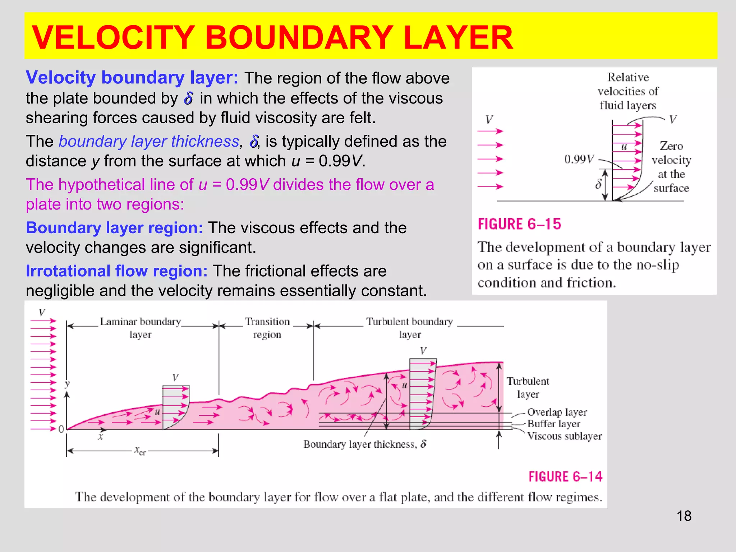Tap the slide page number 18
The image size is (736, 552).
684,516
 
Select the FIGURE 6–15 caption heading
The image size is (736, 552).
519,224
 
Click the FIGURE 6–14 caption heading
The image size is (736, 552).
565,477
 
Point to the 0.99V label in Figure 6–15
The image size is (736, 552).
579,159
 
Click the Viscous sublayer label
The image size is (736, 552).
564,436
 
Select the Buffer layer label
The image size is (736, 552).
553,424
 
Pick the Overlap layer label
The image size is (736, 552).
557,412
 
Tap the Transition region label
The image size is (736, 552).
267,328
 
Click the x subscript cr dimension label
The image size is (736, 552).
140,451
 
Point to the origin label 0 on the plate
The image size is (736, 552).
61,429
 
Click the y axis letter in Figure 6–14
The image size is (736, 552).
67,383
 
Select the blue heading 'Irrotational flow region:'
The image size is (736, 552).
116,271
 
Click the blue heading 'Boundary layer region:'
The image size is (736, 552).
114,228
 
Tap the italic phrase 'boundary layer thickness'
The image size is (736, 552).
149,142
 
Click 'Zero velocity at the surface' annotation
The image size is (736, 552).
671,167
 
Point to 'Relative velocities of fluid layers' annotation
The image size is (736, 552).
628,91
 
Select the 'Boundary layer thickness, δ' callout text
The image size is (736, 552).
364,445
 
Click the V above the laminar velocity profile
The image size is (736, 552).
175,377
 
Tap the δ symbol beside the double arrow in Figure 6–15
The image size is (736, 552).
598,184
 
